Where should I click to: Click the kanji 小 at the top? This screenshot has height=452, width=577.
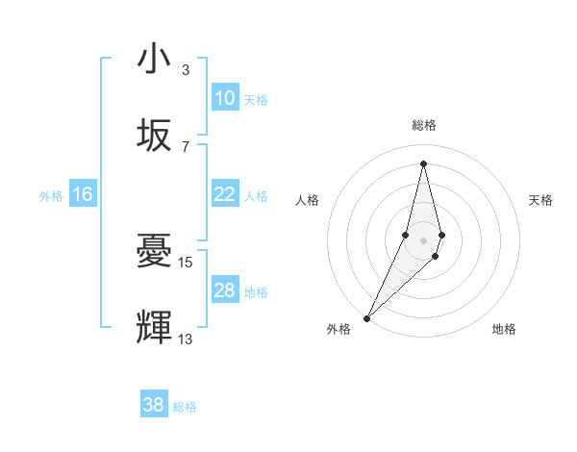point(154,61)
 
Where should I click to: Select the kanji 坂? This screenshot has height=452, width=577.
point(154,136)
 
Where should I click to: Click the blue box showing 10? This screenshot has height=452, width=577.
point(225,98)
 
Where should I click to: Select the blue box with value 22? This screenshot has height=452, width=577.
point(225,194)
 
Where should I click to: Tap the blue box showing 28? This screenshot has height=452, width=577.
point(225,290)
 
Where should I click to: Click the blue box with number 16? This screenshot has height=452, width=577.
point(83,194)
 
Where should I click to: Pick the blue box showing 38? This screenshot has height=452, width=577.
point(154,405)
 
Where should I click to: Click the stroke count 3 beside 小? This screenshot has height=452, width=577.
point(186,70)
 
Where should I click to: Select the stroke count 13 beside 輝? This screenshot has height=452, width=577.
point(186,338)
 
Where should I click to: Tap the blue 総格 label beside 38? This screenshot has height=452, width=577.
point(185,407)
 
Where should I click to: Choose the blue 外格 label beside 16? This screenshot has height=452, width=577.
point(51,196)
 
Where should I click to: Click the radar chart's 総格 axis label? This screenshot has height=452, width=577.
point(423,125)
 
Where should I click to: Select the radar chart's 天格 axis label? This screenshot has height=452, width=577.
point(541,200)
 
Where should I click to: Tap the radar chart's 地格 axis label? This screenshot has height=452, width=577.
point(504,329)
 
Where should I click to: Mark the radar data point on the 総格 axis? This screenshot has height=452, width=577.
point(423,163)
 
